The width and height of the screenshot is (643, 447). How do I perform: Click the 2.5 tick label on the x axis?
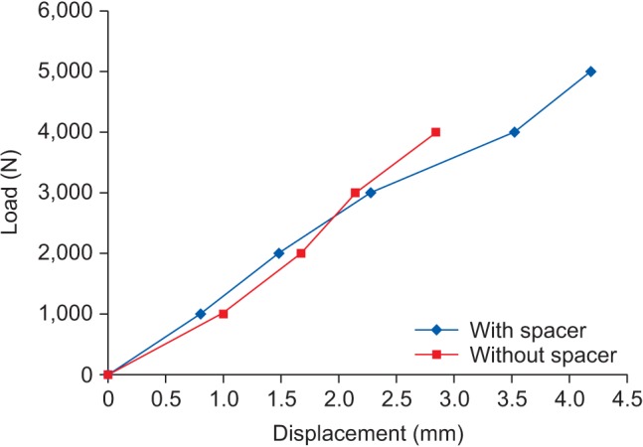[397, 401]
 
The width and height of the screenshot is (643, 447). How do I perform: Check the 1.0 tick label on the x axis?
[223, 401]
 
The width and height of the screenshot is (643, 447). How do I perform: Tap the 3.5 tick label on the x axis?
[512, 401]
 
